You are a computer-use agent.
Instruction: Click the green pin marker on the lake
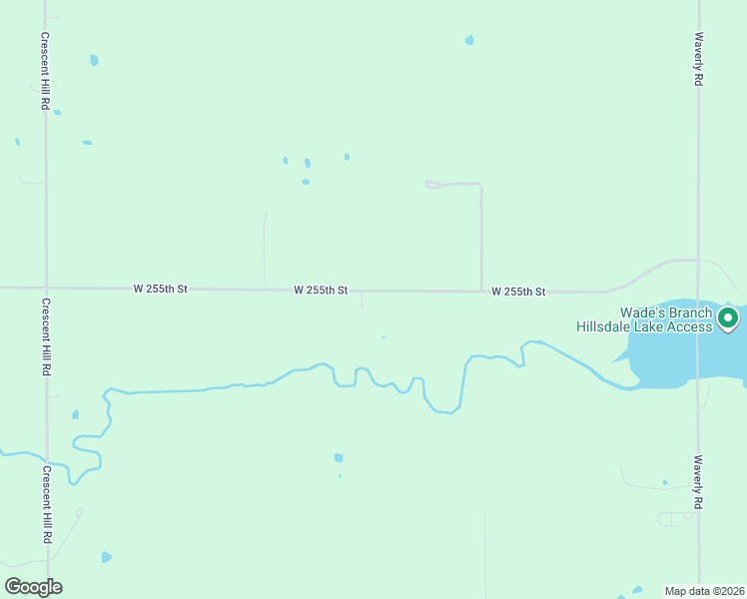point(728,318)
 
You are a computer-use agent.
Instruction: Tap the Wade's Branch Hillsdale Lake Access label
point(644,319)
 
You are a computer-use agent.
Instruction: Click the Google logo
point(33,587)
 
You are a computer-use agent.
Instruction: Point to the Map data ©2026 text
point(704,591)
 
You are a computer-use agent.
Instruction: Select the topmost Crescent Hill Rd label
point(45,70)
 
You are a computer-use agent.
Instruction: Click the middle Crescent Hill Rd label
point(45,336)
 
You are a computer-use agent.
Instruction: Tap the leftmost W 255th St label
point(161,289)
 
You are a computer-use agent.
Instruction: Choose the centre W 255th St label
point(321,291)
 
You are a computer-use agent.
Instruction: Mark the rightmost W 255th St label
point(518,292)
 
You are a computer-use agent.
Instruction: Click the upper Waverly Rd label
point(699,61)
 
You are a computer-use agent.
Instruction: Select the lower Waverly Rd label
point(699,483)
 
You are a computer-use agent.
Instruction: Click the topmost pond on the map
point(469,40)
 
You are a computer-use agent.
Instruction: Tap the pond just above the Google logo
point(106,557)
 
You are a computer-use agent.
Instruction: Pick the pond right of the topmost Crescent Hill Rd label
point(94,60)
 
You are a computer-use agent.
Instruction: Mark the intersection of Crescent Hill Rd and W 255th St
point(45,288)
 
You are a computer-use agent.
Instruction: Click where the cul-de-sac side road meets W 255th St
point(481,292)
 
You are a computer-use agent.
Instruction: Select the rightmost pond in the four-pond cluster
point(347,157)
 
